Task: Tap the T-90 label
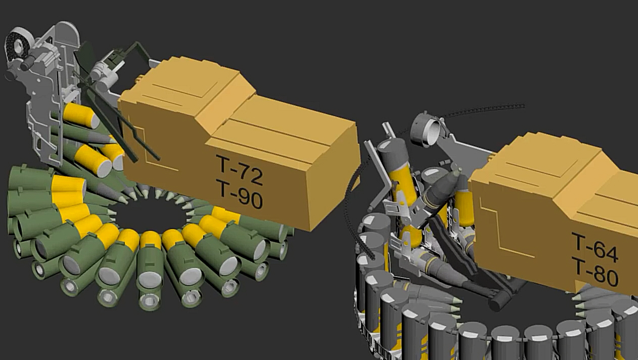tap(240, 194)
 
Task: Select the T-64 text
tap(594, 248)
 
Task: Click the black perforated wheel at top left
tap(17, 46)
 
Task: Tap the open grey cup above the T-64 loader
tap(426, 130)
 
